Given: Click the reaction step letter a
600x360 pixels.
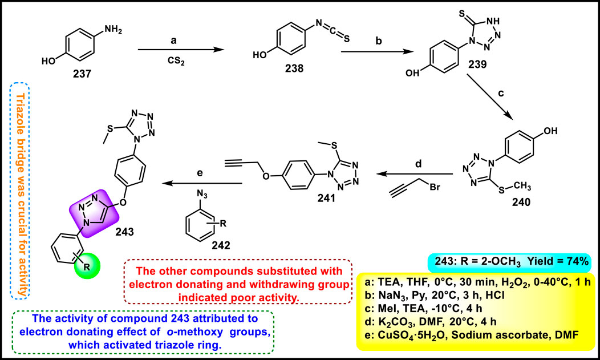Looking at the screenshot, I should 180,41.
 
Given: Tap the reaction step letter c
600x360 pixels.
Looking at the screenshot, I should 500,95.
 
